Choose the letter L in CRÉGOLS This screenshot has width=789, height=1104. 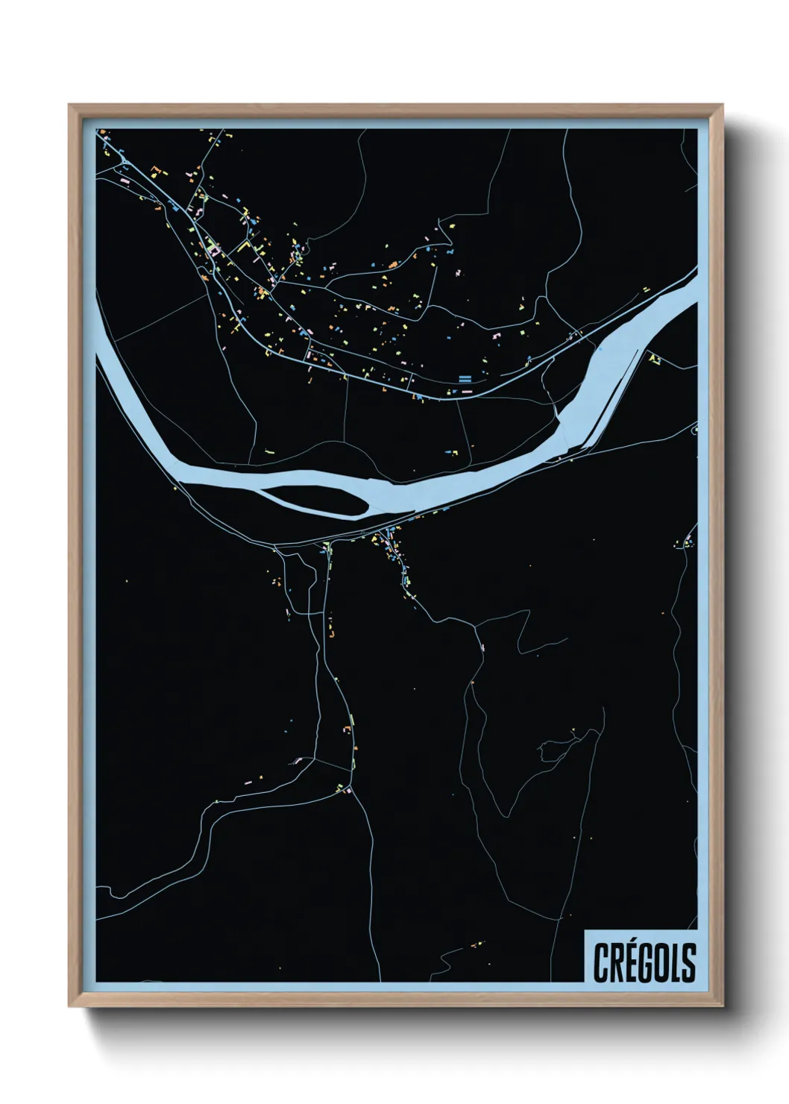tap(674, 962)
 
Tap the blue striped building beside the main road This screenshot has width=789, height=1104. tap(465, 378)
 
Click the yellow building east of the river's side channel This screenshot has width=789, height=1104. tap(655, 360)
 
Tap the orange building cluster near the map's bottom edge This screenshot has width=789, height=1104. tap(474, 947)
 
